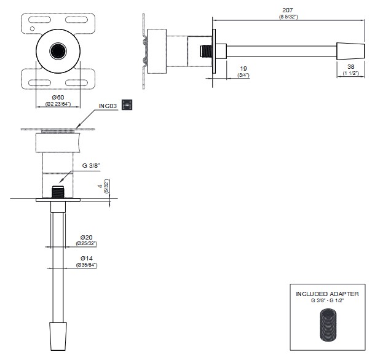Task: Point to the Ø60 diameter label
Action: pos(58,97)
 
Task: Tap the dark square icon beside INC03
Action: pos(127,104)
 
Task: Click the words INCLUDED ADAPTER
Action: pos(327,294)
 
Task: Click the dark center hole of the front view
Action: pos(58,50)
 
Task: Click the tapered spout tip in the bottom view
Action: pos(58,337)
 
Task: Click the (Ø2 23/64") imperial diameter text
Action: pos(58,104)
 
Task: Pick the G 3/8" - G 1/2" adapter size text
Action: pos(327,300)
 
